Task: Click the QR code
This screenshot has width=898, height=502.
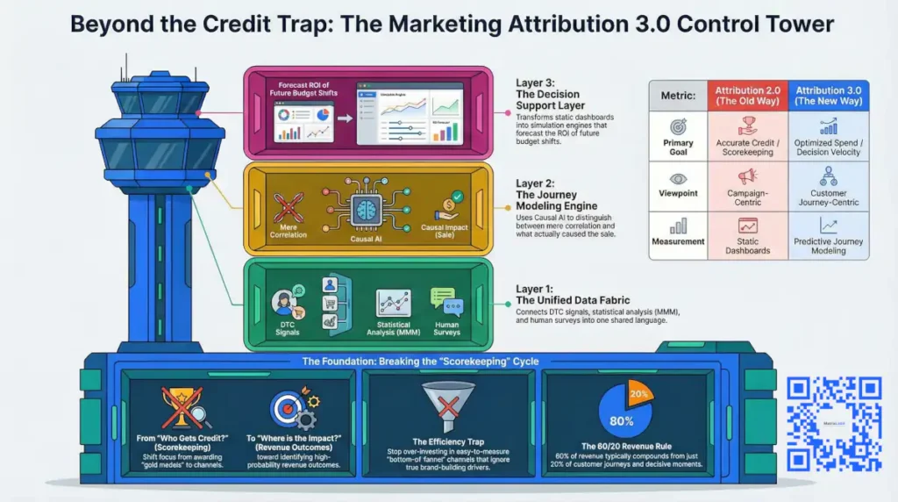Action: (834, 423)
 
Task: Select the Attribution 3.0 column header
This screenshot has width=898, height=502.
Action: (829, 96)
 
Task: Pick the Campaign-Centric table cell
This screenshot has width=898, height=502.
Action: (748, 198)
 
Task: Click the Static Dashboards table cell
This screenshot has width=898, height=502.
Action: (748, 246)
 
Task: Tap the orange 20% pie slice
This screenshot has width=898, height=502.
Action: (638, 394)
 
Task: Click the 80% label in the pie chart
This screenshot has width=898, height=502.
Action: (621, 420)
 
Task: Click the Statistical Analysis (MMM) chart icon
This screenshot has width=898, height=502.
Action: (394, 303)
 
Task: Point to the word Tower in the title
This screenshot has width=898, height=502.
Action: (796, 24)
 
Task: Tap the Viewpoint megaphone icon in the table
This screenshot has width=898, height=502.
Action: (748, 175)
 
